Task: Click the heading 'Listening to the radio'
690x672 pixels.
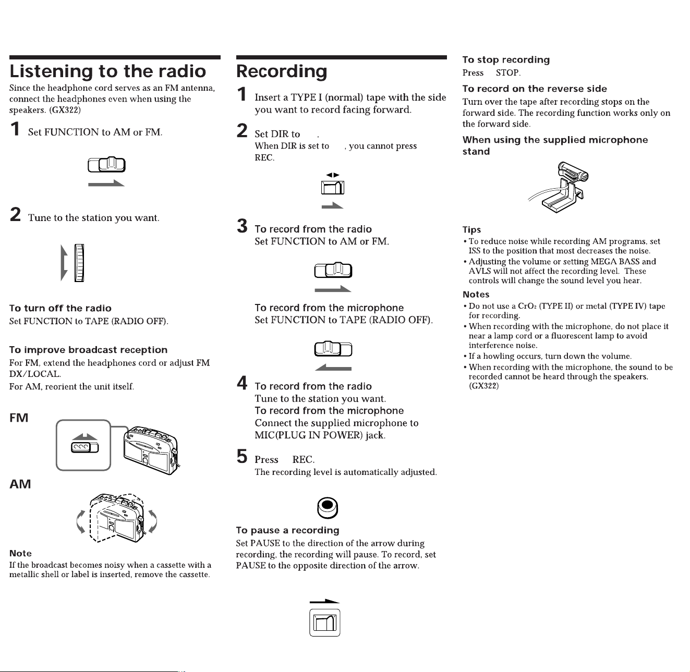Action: [107, 71]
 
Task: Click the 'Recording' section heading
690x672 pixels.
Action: [282, 72]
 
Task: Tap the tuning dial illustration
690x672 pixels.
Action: [79, 263]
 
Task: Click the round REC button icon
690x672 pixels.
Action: [328, 508]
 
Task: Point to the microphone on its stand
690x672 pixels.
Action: [559, 187]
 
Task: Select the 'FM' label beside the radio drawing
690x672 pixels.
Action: [19, 418]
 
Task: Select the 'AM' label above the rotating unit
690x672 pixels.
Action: [20, 484]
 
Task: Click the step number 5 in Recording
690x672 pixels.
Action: [242, 456]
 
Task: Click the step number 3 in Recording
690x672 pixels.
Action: [242, 226]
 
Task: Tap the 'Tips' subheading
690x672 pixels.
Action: [471, 230]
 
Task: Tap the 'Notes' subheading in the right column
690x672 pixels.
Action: [476, 295]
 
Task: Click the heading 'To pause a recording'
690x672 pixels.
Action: [287, 530]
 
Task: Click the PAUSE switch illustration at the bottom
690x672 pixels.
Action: [325, 623]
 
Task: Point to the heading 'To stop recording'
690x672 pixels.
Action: [506, 59]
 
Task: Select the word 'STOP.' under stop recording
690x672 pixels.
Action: [508, 72]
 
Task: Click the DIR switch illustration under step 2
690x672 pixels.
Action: [333, 188]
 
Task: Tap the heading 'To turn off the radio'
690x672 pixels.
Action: [60, 308]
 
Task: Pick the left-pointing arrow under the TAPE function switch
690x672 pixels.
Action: [333, 368]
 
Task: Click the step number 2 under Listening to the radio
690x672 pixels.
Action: [15, 214]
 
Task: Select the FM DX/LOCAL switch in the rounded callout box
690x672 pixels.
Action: [84, 448]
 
